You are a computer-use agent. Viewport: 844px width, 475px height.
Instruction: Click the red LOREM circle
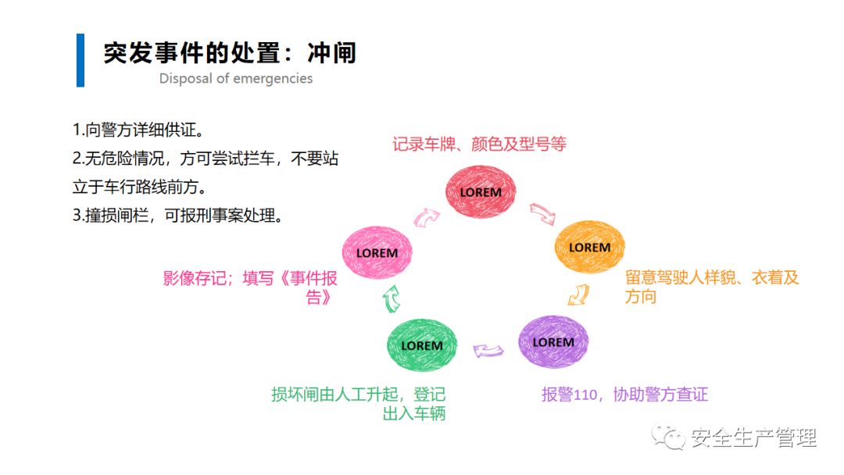click(481, 192)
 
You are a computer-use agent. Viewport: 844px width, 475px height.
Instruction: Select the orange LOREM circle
click(589, 247)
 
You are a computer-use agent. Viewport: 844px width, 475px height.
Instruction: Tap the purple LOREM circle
click(553, 342)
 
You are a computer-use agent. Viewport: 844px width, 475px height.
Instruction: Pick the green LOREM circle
click(422, 345)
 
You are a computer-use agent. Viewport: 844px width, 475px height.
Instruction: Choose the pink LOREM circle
click(377, 252)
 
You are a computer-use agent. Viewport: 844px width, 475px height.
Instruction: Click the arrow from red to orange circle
click(542, 213)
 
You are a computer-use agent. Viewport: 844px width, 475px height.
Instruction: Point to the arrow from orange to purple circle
click(578, 295)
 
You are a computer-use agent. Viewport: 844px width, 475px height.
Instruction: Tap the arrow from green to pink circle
click(392, 297)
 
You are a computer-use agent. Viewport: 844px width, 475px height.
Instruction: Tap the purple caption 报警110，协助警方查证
click(624, 395)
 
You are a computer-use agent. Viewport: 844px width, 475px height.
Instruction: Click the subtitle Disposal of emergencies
click(236, 79)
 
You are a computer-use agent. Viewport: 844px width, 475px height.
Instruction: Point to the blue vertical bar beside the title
click(80, 60)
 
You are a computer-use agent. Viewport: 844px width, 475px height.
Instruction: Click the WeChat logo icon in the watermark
click(671, 437)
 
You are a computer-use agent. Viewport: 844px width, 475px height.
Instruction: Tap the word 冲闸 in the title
click(331, 53)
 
